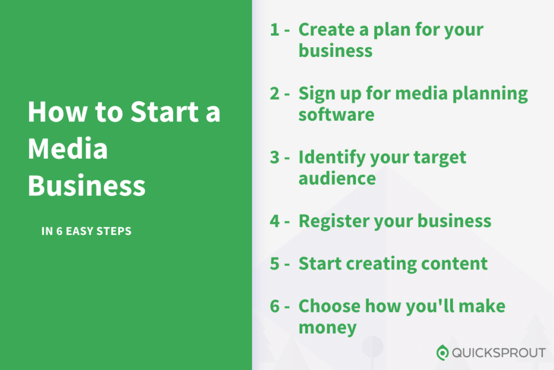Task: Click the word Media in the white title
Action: [x=68, y=148]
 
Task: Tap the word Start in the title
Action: [x=164, y=112]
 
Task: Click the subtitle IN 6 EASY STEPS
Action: [x=86, y=231]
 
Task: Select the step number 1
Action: [x=274, y=30]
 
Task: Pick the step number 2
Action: [x=275, y=93]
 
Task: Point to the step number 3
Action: [x=275, y=158]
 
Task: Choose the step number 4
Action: [x=275, y=221]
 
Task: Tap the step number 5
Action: [x=275, y=264]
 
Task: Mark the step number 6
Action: [x=275, y=306]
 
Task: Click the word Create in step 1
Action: [x=326, y=29]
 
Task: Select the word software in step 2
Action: [x=337, y=115]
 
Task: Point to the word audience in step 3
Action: [x=337, y=178]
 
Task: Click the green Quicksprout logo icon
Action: [x=443, y=353]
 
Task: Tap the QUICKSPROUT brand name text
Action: [x=498, y=353]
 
